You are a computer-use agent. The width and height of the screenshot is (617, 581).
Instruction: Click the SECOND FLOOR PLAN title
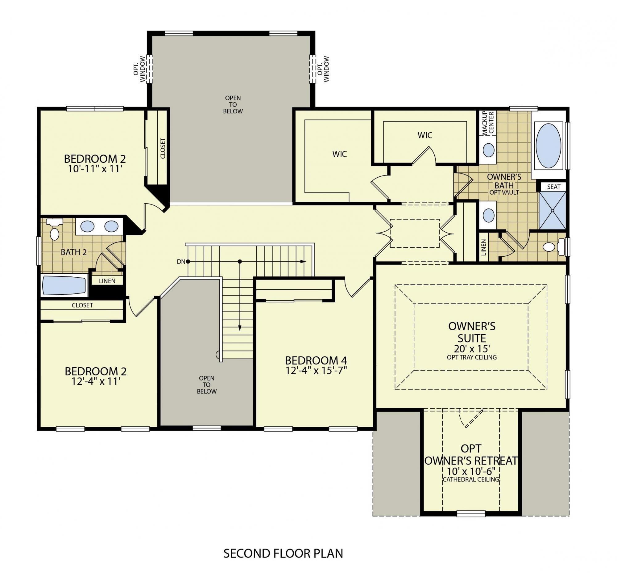tap(283, 553)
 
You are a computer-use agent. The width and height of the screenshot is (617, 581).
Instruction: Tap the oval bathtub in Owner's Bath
tap(549, 145)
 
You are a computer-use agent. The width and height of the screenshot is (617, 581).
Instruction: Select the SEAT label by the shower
tap(554, 187)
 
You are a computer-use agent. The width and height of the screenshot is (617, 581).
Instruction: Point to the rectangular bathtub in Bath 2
tap(64, 285)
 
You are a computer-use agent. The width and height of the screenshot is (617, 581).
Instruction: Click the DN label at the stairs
tap(181, 262)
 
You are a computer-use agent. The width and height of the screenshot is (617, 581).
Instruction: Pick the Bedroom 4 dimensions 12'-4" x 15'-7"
tap(316, 370)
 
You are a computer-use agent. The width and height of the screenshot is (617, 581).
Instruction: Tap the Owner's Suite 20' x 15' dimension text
tap(472, 348)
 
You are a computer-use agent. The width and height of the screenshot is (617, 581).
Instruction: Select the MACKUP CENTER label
tap(487, 123)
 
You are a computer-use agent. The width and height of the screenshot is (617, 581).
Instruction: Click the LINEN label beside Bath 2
tap(107, 281)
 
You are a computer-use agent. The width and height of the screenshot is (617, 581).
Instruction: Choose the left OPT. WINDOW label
tap(139, 69)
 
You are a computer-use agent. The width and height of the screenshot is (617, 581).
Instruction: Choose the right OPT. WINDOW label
tap(323, 69)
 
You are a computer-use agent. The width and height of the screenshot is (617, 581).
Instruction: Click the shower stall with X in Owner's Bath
tap(553, 210)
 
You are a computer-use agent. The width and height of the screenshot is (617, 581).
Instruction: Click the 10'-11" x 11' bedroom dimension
tap(95, 169)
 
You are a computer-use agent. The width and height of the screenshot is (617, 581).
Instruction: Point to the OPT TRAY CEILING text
tap(472, 357)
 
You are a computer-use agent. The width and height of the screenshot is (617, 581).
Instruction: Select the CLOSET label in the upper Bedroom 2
tap(163, 148)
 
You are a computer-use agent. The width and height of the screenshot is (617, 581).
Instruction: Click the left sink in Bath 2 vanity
tap(88, 226)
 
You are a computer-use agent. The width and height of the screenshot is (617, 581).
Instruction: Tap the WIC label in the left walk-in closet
tap(339, 154)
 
